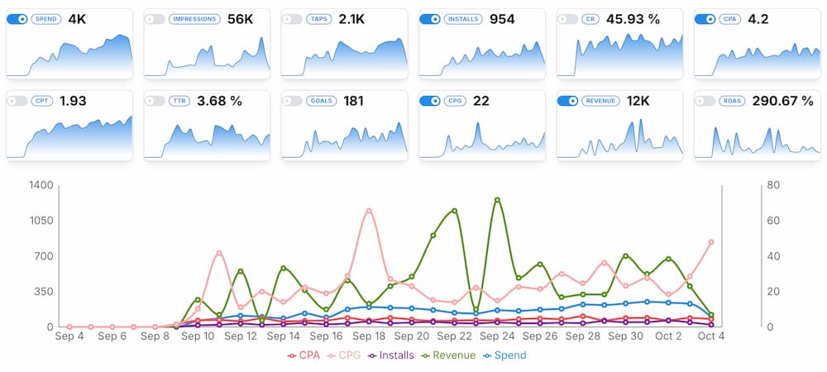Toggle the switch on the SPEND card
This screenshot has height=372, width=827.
pyautogui.click(x=17, y=18)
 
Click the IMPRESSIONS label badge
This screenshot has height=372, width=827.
pyautogui.click(x=193, y=18)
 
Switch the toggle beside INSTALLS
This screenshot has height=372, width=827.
pyautogui.click(x=431, y=18)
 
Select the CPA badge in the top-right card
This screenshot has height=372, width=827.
pyautogui.click(x=729, y=18)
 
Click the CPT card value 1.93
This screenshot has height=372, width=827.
pyautogui.click(x=73, y=101)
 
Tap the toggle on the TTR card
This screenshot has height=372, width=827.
pyautogui.click(x=155, y=101)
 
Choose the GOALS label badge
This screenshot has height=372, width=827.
pyautogui.click(x=320, y=101)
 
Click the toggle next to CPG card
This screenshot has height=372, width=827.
pyautogui.click(x=431, y=101)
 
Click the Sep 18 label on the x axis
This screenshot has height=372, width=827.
pyautogui.click(x=368, y=336)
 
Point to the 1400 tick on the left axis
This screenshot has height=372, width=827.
pyautogui.click(x=41, y=185)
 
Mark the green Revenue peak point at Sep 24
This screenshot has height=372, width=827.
pyautogui.click(x=497, y=200)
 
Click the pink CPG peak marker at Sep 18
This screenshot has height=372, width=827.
pyautogui.click(x=369, y=211)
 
